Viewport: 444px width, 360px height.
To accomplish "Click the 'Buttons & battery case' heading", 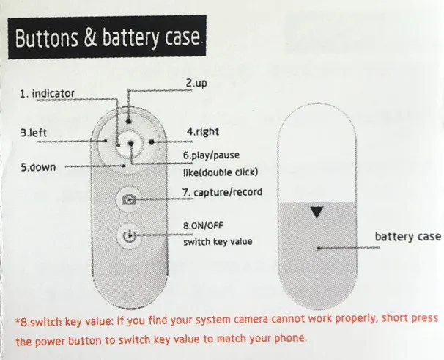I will pyautogui.click(x=107, y=37).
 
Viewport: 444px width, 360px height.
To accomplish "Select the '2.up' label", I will pyautogui.click(x=196, y=84).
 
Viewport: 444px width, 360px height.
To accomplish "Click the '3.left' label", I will pyautogui.click(x=34, y=133).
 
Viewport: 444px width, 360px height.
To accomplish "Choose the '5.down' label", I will pyautogui.click(x=37, y=167).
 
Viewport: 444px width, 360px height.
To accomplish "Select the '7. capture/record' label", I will pyautogui.click(x=222, y=193).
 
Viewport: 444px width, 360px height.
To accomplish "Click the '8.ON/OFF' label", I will pyautogui.click(x=203, y=225).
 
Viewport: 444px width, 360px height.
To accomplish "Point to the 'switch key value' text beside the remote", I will pyautogui.click(x=216, y=240).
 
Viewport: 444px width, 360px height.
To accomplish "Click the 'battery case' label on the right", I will pyautogui.click(x=407, y=236).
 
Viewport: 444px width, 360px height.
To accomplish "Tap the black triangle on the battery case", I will pyautogui.click(x=316, y=213).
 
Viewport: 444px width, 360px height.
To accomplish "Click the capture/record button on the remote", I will pyautogui.click(x=129, y=199).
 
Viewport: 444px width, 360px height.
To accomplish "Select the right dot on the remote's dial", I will pyautogui.click(x=150, y=140).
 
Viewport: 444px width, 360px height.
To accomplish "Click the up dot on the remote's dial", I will pyautogui.click(x=129, y=120).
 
